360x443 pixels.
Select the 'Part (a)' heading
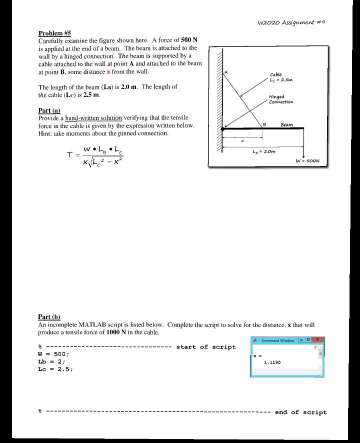pyautogui.click(x=49, y=110)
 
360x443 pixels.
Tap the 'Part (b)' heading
pyautogui.click(x=49, y=316)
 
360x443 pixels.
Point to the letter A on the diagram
pyautogui.click(x=225, y=72)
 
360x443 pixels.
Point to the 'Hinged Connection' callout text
pyautogui.click(x=280, y=99)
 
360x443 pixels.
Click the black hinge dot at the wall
pyautogui.click(x=222, y=129)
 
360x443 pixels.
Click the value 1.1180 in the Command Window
pyautogui.click(x=272, y=362)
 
